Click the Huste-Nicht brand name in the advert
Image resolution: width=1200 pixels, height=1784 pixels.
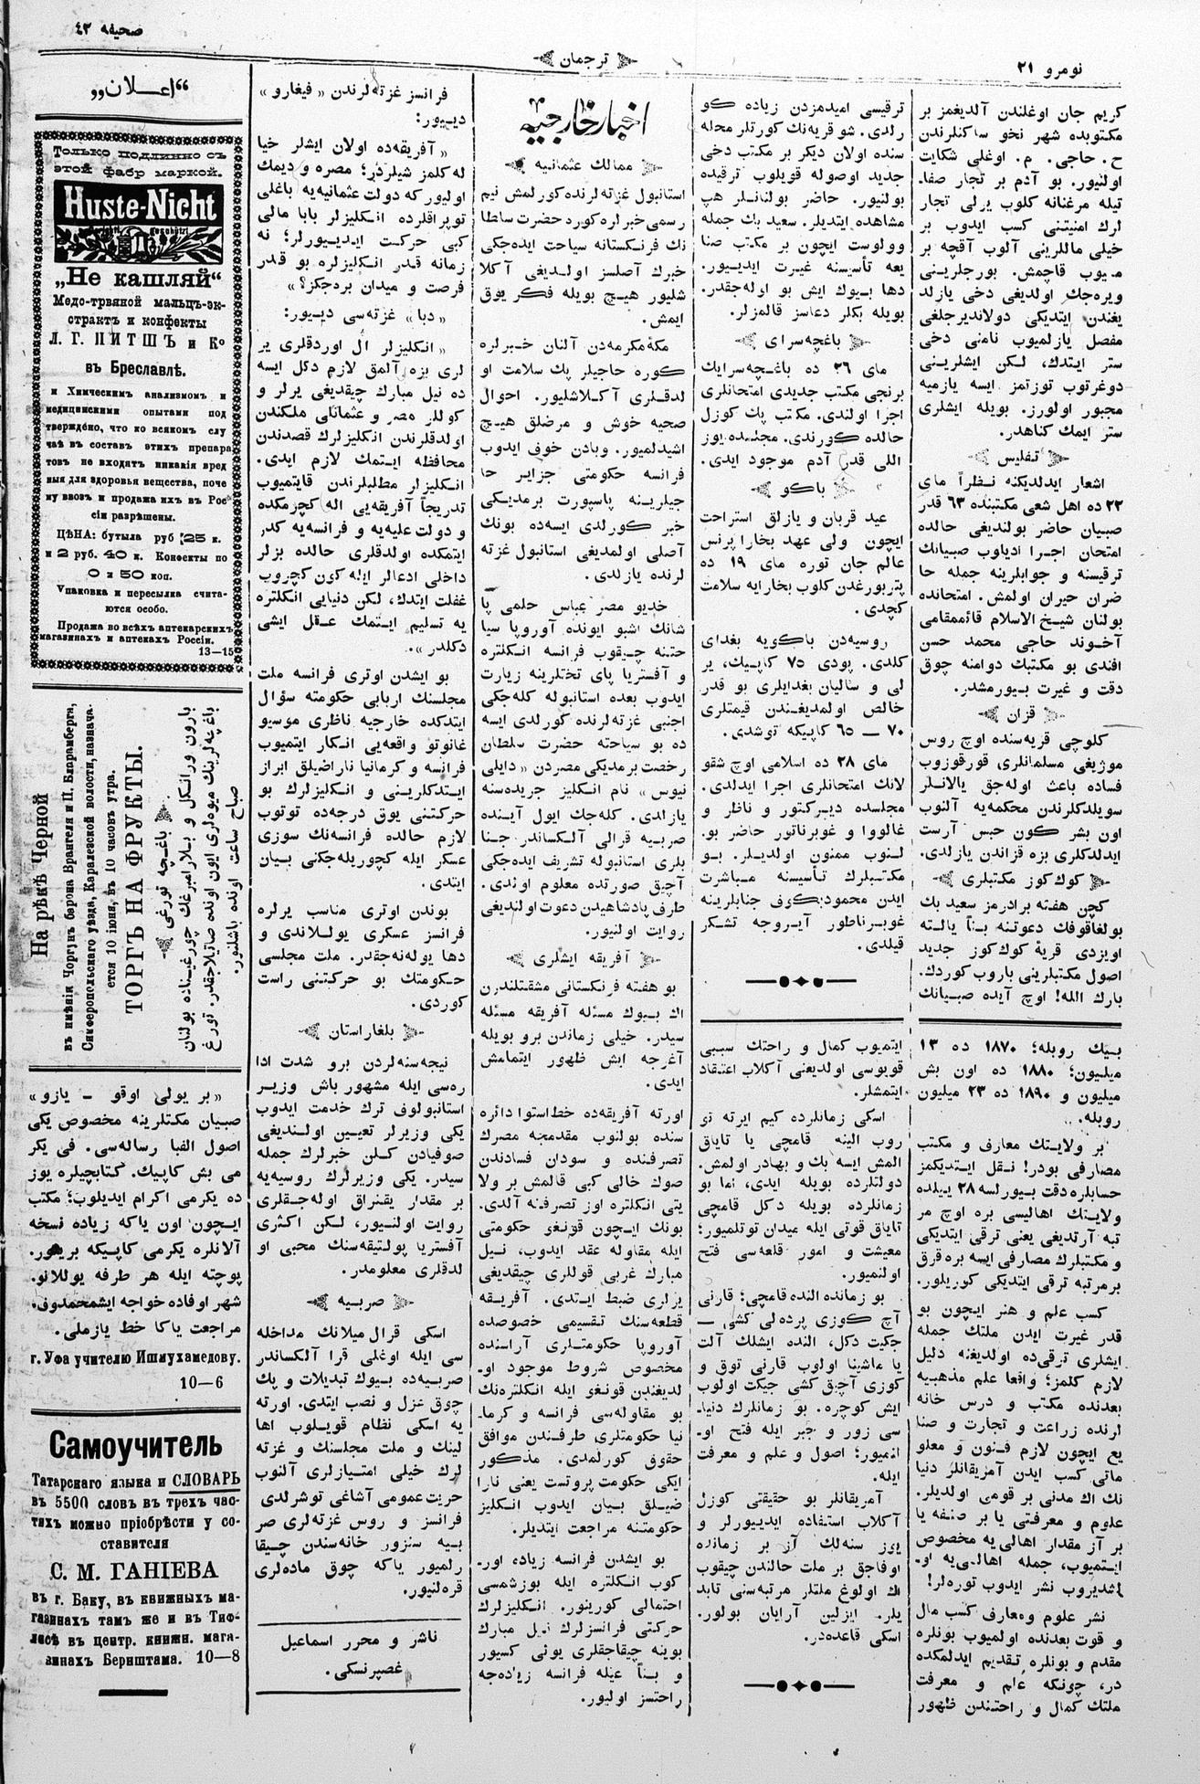[136, 206]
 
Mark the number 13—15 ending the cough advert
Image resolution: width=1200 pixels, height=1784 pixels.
[216, 653]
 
